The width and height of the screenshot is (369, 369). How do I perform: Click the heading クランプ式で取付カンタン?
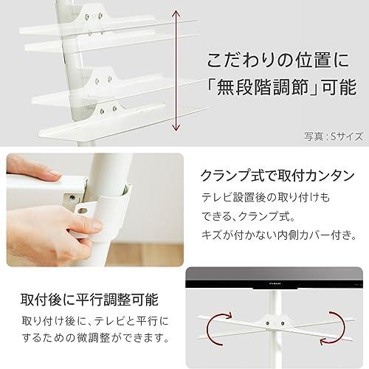click(x=277, y=176)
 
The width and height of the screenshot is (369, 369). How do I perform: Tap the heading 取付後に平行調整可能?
click(x=89, y=300)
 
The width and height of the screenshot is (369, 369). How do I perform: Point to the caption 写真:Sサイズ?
click(x=334, y=137)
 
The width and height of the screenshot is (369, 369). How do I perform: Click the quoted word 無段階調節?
click(x=263, y=87)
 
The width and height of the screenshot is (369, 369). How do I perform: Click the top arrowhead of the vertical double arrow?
click(x=176, y=13)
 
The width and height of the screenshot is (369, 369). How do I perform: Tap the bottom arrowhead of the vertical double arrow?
click(x=176, y=128)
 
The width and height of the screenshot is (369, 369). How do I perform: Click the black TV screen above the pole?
click(x=275, y=277)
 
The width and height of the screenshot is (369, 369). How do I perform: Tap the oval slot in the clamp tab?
click(x=83, y=211)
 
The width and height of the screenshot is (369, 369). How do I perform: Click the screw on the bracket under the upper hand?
click(x=72, y=197)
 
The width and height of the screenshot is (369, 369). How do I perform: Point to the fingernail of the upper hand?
click(x=54, y=173)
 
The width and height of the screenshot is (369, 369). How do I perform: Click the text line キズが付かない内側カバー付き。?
click(x=280, y=235)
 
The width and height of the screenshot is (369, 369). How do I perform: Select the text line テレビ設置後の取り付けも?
click(x=266, y=197)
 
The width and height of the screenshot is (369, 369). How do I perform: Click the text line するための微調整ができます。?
click(x=96, y=338)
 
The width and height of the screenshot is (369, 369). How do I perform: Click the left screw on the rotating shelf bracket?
click(x=268, y=323)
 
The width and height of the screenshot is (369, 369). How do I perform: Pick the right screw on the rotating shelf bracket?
click(x=283, y=323)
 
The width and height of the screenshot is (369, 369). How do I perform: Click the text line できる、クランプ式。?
click(x=249, y=216)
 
